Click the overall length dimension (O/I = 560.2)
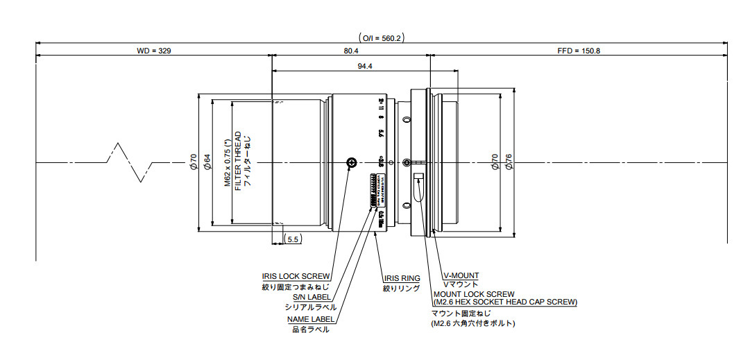tap(381, 38)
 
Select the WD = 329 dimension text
tap(154, 51)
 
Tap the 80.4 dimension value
tap(351, 51)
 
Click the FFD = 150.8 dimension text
tap(578, 51)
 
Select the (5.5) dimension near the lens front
tap(293, 239)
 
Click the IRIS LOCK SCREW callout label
tap(296, 275)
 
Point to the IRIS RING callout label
tap(401, 278)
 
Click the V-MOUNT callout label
tap(461, 275)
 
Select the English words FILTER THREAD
tap(238, 162)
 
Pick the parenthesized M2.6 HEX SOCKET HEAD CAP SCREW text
tap(504, 302)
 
